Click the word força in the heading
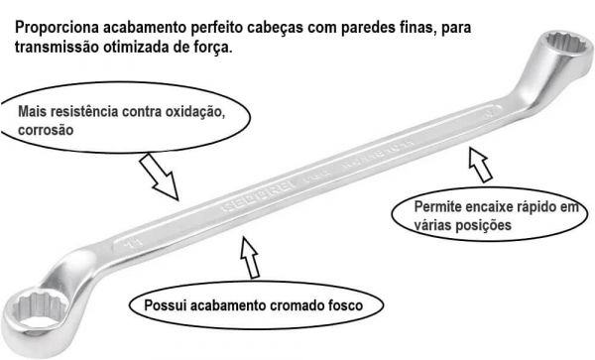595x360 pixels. tap(212, 47)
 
